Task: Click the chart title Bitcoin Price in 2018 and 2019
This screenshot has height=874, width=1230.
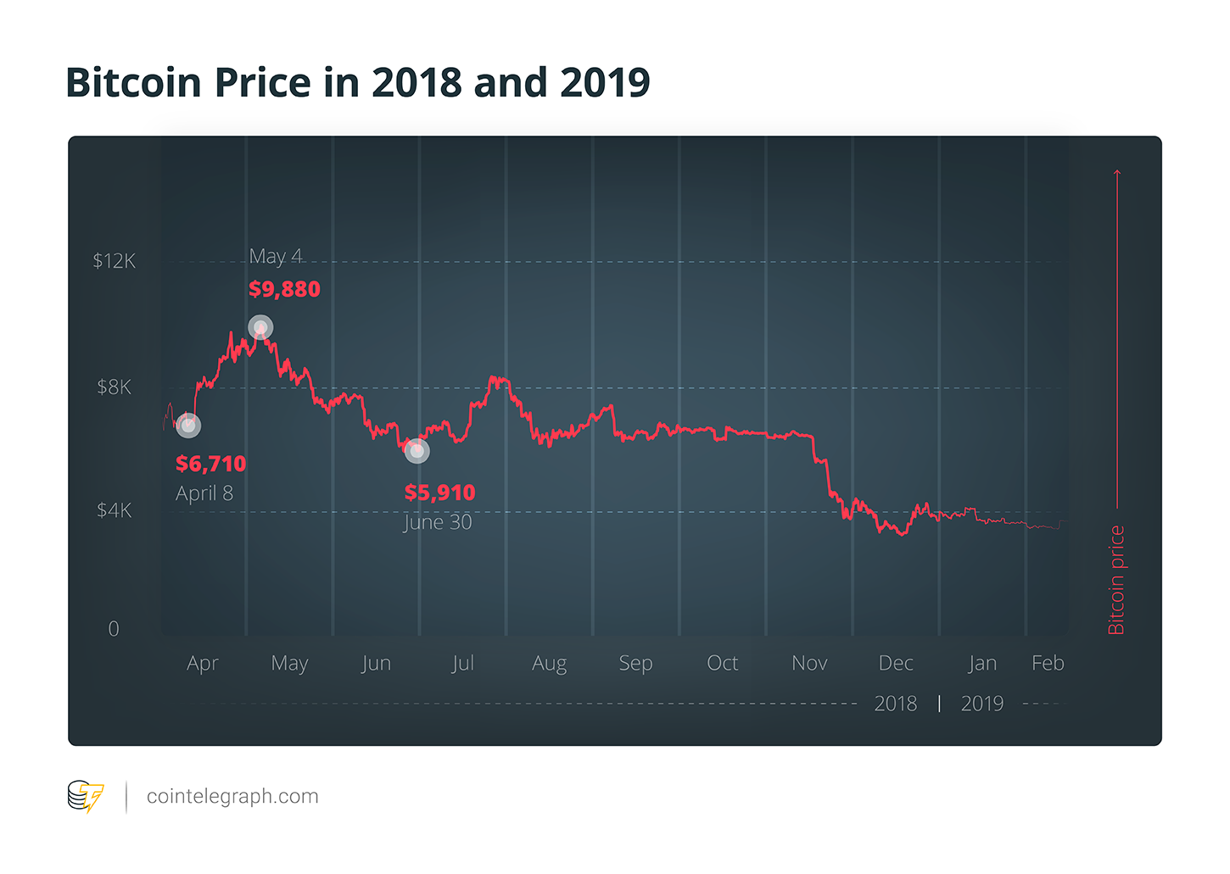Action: coord(357,83)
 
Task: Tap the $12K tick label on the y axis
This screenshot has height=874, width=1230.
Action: coord(114,261)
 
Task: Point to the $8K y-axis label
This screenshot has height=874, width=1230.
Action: coord(114,387)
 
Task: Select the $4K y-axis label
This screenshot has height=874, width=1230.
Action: coord(114,510)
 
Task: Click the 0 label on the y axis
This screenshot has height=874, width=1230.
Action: coord(114,629)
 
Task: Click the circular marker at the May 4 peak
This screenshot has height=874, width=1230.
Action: coord(260,327)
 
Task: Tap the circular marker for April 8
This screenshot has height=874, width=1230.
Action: coord(188,426)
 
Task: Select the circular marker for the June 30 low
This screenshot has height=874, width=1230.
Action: coord(417,451)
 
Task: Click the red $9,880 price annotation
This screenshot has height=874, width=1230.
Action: coord(284,289)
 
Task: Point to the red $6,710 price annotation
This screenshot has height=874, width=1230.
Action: coord(210,464)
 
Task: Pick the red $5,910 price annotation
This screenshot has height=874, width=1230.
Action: coord(439,493)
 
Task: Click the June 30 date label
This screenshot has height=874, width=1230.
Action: coord(437,522)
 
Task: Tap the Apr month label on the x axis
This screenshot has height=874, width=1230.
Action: coord(203,663)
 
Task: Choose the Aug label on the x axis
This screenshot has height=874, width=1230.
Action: coord(549,663)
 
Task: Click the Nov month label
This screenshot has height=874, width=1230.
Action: coord(809,663)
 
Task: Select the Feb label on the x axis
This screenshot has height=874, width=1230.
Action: coord(1048,663)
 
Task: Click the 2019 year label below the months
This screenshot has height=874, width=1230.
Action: coord(981,704)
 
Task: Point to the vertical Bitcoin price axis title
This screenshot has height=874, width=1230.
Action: coord(1116,580)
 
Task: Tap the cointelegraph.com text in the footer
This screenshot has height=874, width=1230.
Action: coord(232,797)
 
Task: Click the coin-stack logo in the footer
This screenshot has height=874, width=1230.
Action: coord(85,797)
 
